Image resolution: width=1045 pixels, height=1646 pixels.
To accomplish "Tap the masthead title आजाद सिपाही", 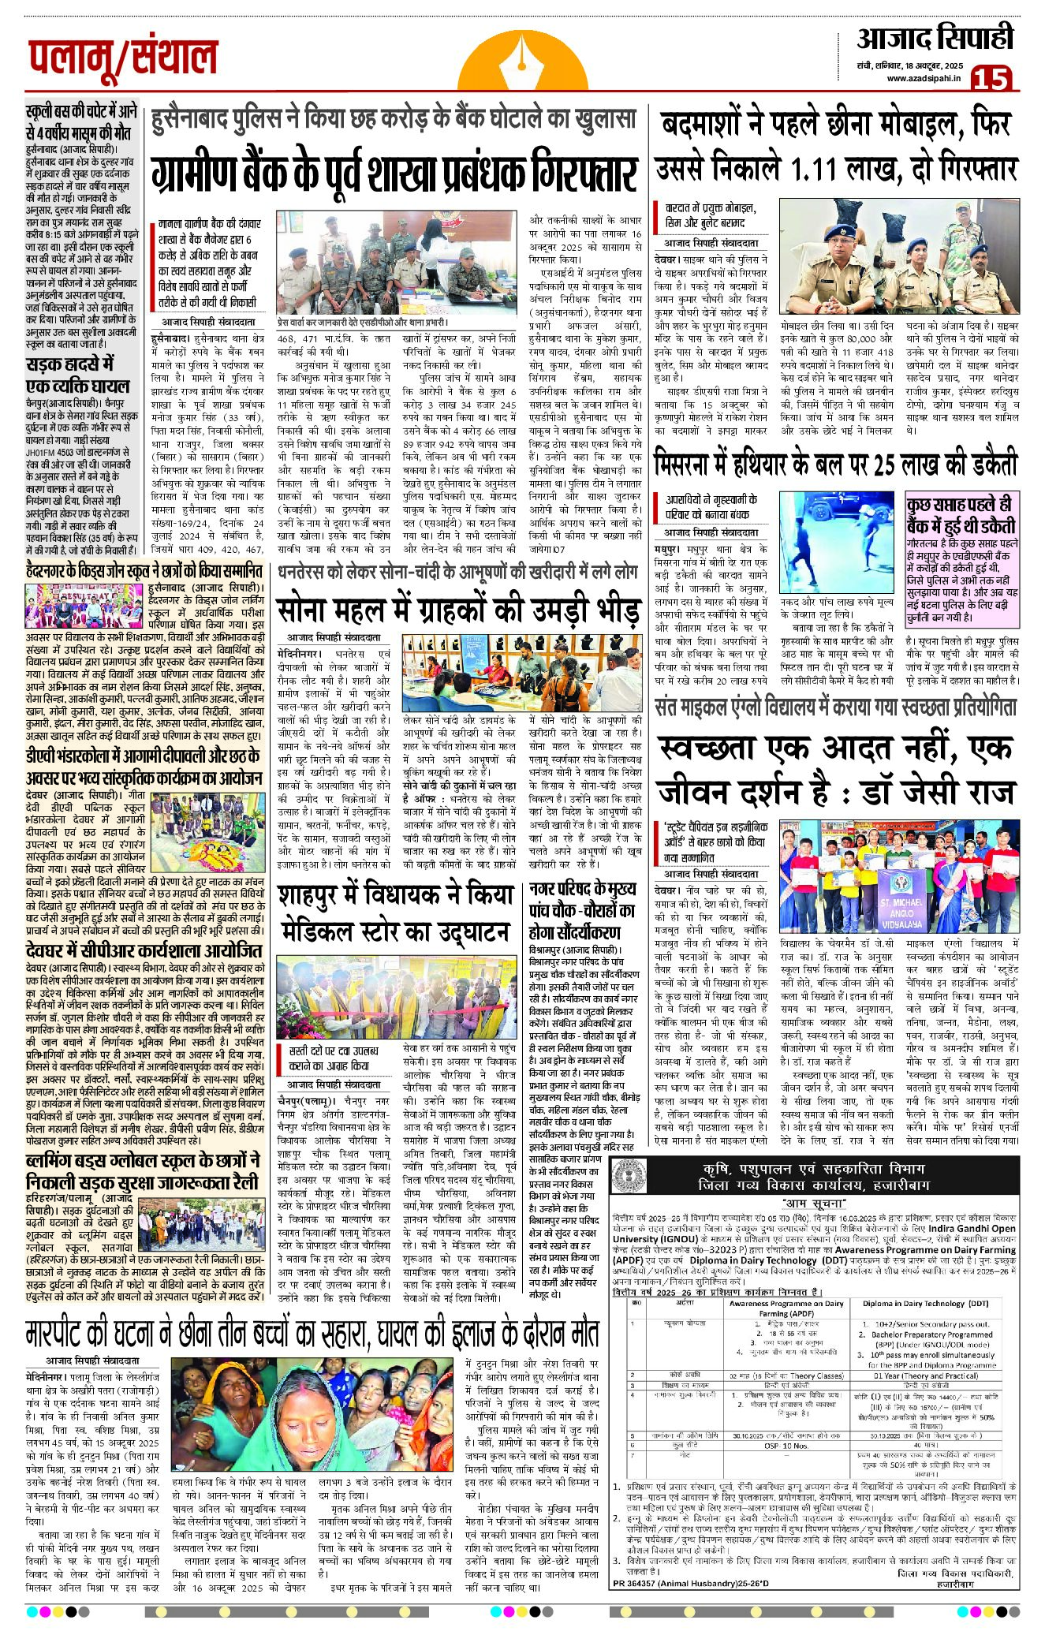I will click(x=935, y=37).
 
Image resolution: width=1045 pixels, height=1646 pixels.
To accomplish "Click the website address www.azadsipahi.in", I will click(x=923, y=78).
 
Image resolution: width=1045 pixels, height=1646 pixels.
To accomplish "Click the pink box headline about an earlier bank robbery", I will click(x=961, y=515).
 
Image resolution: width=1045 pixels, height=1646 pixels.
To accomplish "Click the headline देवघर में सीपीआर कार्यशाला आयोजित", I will click(x=143, y=953).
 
